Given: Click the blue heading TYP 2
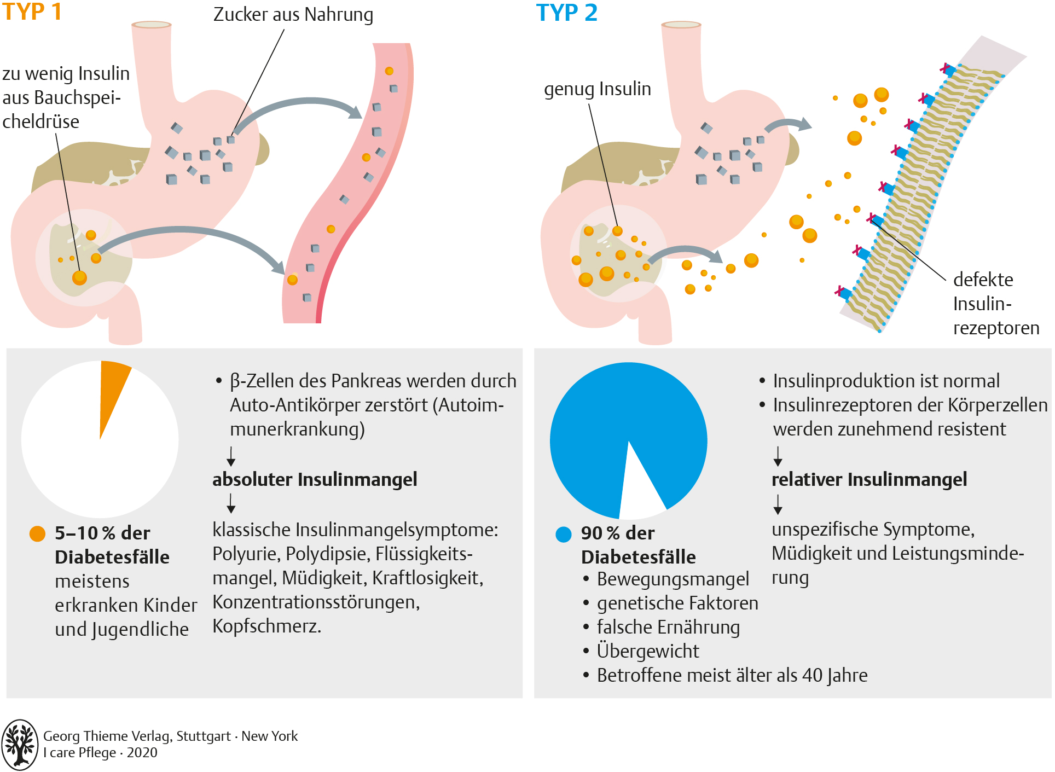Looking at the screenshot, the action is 566,13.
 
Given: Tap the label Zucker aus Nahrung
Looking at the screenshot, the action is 293,15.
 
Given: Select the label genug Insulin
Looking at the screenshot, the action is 598,89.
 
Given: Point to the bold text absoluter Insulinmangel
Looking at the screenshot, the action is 315,479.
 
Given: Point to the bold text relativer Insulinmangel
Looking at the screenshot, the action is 869,479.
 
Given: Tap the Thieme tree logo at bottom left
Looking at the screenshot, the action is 20,744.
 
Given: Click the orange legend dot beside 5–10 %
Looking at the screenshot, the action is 37,533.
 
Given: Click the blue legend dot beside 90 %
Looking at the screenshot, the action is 564,534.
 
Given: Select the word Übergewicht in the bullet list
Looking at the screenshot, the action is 648,651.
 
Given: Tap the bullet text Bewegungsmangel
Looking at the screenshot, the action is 673,579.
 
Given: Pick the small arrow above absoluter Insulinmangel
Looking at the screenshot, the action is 231,456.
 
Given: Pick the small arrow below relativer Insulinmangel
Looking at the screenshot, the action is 778,504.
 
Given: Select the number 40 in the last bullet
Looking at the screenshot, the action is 813,675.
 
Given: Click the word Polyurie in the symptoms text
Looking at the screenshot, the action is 246,554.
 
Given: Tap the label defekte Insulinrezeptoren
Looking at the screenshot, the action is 996,304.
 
